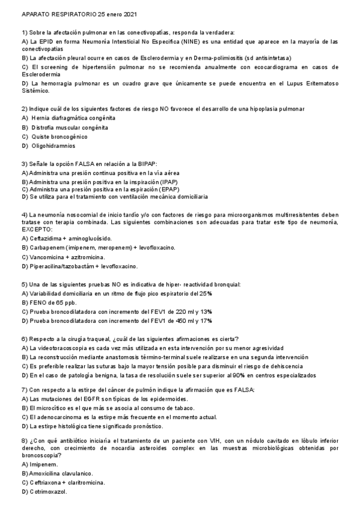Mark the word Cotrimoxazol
47,491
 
